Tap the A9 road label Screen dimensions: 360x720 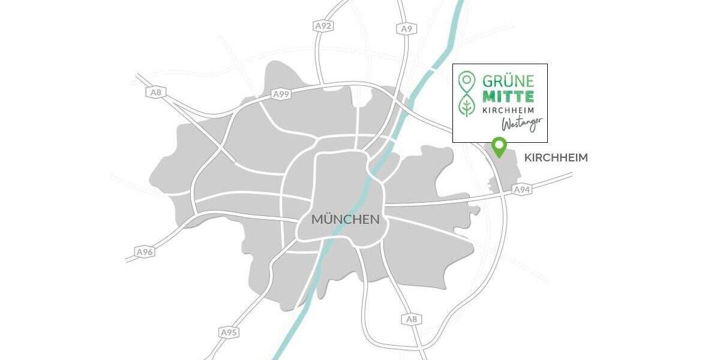(x=406, y=28)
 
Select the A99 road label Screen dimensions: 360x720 (x=281, y=94)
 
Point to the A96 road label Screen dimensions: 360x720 (x=145, y=252)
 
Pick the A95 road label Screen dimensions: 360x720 (x=228, y=332)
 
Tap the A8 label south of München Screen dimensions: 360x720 (x=411, y=319)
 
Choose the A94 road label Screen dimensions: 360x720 (x=522, y=190)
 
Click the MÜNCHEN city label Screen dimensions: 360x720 (x=345, y=220)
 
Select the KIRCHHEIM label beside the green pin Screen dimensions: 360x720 (x=556, y=158)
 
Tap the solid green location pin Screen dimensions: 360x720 (x=498, y=145)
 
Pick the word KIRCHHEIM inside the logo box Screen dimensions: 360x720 (x=507, y=110)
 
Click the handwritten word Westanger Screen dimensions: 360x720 (x=522, y=123)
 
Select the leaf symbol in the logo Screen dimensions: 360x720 (x=465, y=107)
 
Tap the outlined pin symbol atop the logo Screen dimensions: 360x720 (x=465, y=80)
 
